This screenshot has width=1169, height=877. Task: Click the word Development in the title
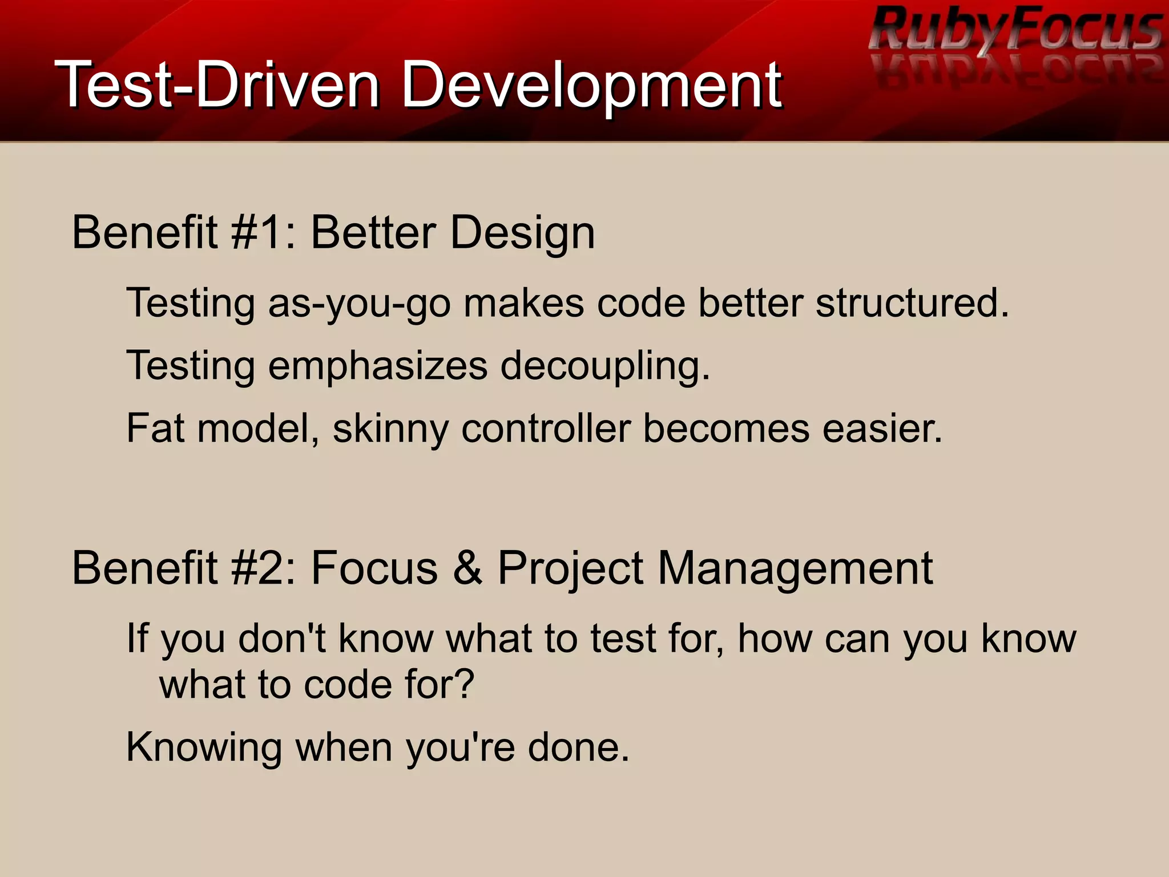(591, 86)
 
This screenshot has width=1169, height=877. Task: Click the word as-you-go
(359, 304)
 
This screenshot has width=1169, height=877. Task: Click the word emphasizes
(377, 366)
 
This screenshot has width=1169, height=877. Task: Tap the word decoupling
(604, 366)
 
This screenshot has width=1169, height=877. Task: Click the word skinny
(390, 430)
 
